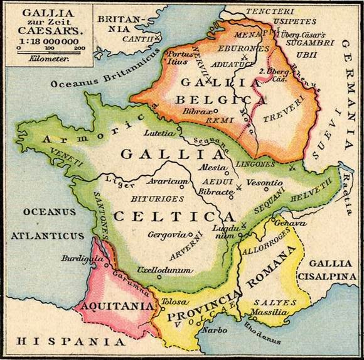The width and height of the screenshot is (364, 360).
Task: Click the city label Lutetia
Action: pyautogui.click(x=158, y=133)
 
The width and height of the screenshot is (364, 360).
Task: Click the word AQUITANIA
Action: pyautogui.click(x=115, y=306)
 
